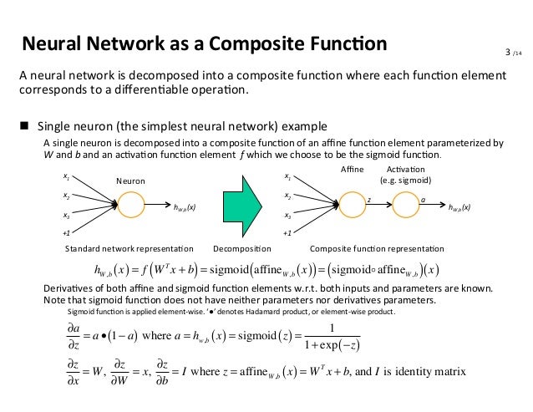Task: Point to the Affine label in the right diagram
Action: click(x=354, y=170)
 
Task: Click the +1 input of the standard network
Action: click(x=66, y=235)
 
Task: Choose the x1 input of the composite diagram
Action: click(x=288, y=176)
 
